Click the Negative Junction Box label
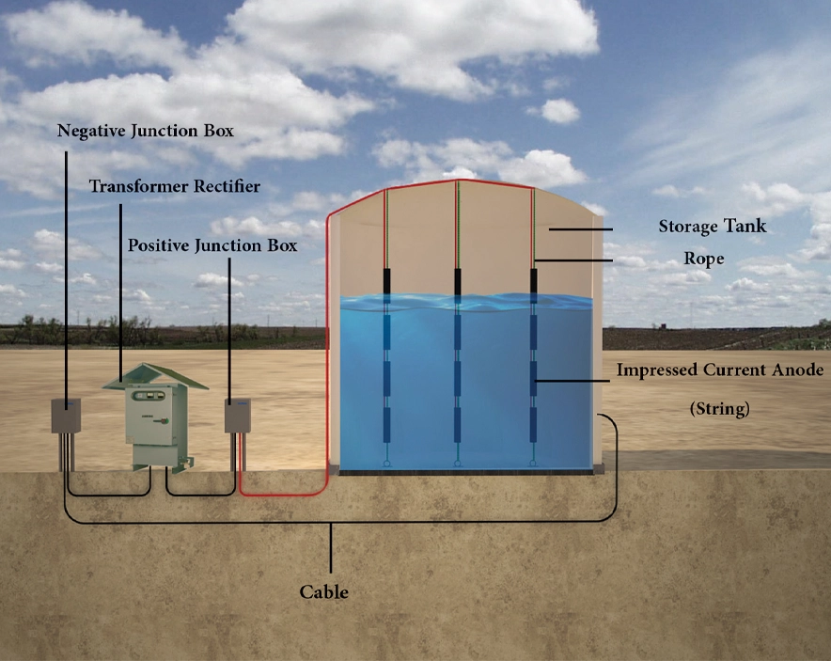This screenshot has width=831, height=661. tap(145, 131)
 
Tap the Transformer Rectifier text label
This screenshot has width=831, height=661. tap(174, 186)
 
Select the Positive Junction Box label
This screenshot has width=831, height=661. tap(212, 245)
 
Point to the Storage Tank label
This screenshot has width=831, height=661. tap(713, 227)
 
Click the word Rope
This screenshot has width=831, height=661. tap(704, 259)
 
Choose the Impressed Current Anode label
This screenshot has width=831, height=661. tap(720, 370)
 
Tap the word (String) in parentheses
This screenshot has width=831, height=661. tap(720, 409)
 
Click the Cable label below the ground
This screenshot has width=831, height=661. tap(323, 591)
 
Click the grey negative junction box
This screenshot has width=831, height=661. tap(66, 416)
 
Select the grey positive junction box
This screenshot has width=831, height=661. tap(238, 416)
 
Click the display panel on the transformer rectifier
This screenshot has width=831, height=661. tap(149, 396)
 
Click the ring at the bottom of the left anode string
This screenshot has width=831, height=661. tap(387, 464)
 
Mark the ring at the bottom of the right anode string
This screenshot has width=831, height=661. tap(533, 464)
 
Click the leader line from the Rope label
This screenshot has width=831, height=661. tap(573, 260)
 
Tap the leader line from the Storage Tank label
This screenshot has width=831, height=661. tap(580, 229)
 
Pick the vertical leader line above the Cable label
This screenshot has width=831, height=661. tap(331, 547)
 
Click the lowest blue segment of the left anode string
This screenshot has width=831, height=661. tap(387, 425)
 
